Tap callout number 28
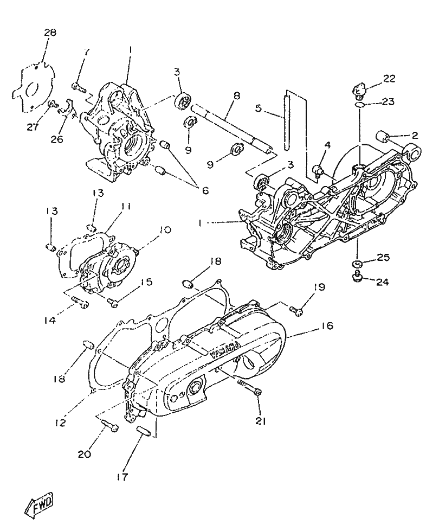(50, 33)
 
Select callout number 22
(389, 79)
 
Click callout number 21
(261, 421)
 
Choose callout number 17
(122, 477)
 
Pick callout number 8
(237, 96)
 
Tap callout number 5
(259, 109)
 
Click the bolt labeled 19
(296, 310)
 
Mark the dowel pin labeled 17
(143, 431)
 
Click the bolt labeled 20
(109, 425)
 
